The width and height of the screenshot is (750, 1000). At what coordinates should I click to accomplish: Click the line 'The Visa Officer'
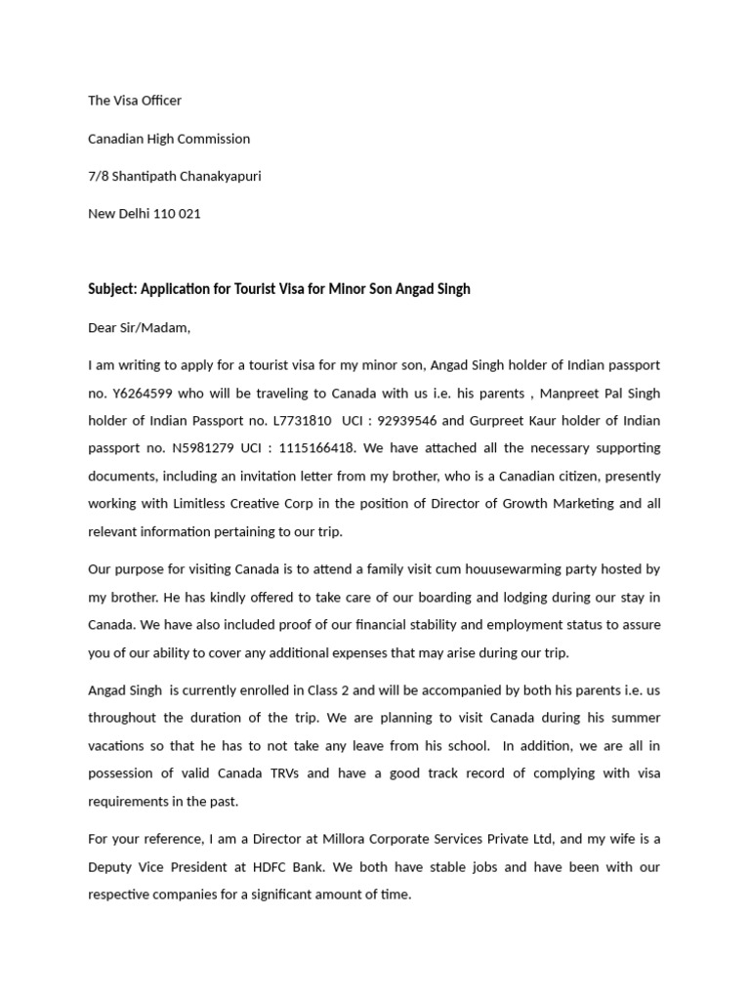point(135,101)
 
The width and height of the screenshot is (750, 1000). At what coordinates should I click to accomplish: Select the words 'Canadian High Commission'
point(169,139)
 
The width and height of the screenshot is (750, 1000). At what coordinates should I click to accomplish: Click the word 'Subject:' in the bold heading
point(112,290)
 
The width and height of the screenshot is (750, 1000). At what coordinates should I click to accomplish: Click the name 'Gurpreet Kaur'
point(506,421)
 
